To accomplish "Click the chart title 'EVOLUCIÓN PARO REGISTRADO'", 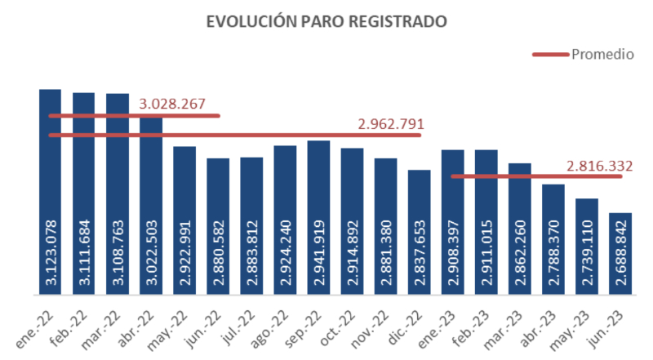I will [326, 22].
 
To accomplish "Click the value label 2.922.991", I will [185, 254].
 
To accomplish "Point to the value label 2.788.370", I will [553, 254].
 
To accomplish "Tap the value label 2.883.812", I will [252, 254].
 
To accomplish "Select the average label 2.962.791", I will [391, 124].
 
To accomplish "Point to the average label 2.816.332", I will [600, 167].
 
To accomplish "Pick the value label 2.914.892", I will [353, 254].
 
